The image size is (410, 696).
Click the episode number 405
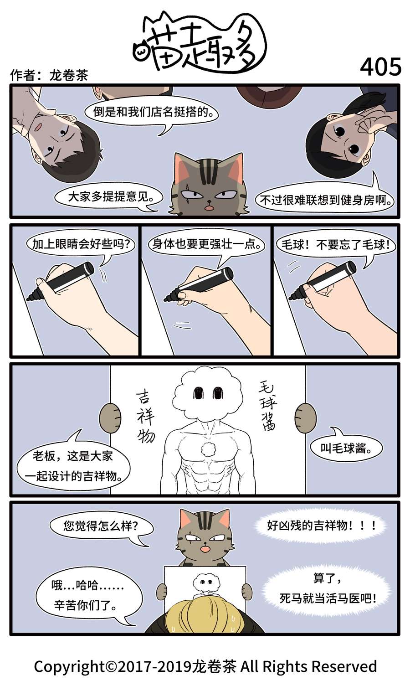(x=380, y=67)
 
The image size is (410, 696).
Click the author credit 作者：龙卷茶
(x=49, y=75)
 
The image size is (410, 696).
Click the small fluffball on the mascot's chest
(x=209, y=449)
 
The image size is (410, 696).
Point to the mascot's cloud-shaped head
(x=208, y=394)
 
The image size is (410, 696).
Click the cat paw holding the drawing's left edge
(x=110, y=417)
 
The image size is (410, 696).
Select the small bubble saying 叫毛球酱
(x=346, y=448)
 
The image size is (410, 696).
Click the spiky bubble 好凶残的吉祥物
(x=322, y=526)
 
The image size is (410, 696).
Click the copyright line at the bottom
(x=205, y=666)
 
